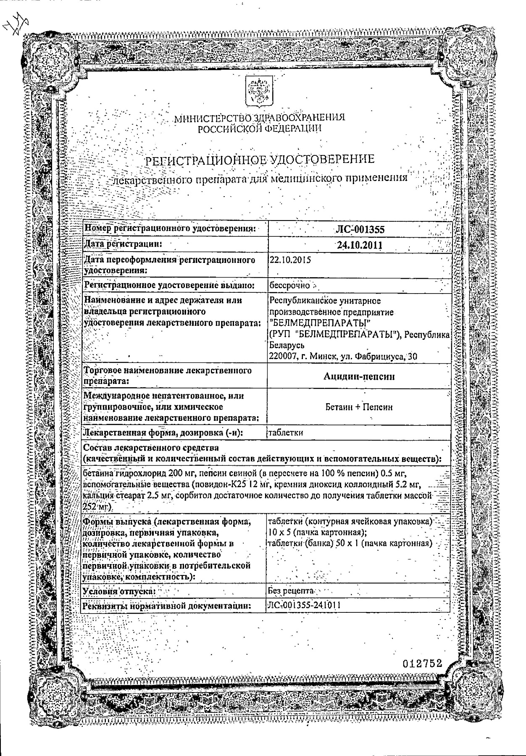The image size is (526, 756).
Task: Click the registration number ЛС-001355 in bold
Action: tap(360, 229)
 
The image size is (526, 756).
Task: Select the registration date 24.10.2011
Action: tap(360, 245)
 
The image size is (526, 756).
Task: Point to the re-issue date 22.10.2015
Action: tap(290, 260)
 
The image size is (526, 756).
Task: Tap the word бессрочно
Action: tap(289, 286)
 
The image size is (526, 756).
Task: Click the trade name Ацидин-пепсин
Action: tap(359, 376)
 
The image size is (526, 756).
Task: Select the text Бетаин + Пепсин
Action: tap(359, 407)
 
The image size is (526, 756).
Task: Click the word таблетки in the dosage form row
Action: tap(286, 433)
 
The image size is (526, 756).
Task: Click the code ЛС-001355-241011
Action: tap(304, 605)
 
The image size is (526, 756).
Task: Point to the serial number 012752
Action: tap(422, 664)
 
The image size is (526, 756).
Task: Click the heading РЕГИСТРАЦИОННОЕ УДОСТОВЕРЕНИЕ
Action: tap(260, 160)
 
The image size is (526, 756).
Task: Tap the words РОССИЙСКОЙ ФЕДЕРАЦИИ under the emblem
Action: tap(260, 129)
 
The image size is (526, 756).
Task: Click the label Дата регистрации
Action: tap(123, 244)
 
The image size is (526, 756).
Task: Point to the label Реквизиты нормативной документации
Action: tap(167, 606)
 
